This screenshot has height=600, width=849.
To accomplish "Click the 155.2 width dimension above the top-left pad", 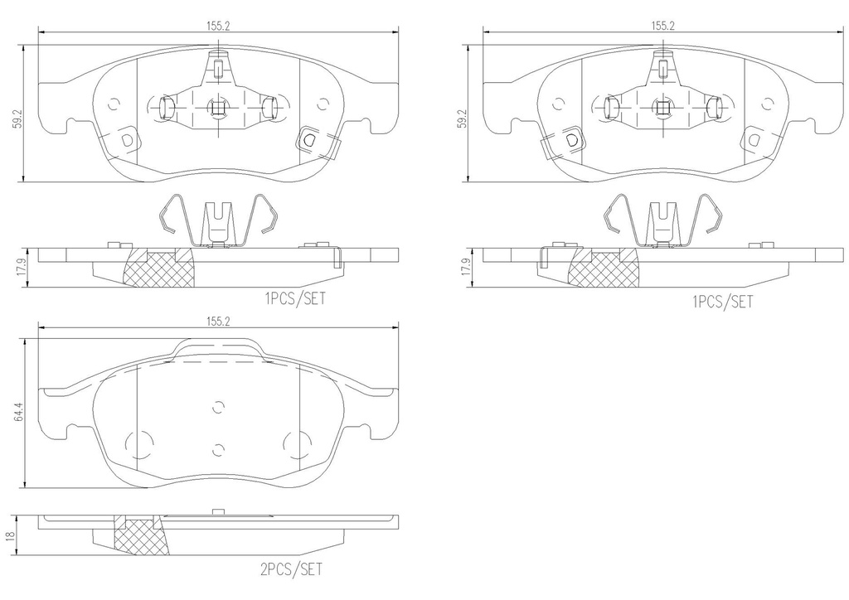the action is coord(218,26).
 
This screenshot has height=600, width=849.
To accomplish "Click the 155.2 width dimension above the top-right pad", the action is coord(662,26).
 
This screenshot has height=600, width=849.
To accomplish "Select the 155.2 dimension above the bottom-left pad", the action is coord(218,322).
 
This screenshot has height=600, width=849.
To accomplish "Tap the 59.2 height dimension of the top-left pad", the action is coord(19,119).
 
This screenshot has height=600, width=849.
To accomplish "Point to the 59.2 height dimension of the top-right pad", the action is coord(462,119).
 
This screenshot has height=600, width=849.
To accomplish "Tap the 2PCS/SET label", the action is coord(291,569).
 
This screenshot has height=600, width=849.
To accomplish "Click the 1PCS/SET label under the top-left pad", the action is coord(296,298).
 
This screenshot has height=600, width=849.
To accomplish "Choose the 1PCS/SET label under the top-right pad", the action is coord(723,302).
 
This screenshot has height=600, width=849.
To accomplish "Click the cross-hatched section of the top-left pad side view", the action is coord(160,269).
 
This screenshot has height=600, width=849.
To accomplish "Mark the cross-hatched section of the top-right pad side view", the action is coord(604,269).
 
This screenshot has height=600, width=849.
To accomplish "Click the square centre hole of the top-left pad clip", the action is coord(218,108).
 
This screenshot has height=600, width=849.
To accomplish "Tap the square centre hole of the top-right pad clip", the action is coord(662,108).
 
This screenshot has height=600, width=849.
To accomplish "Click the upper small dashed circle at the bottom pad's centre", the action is coord(218,408).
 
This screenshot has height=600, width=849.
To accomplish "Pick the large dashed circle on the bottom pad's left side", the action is coord(139,445).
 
